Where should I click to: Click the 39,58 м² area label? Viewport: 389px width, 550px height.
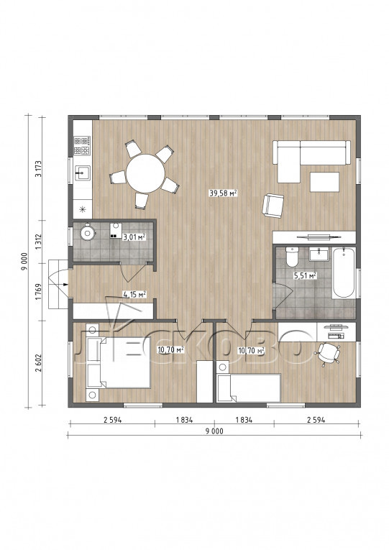coord(224,193)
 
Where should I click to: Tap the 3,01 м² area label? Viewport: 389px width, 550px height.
coord(134,237)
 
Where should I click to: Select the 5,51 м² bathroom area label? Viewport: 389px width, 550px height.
coord(305,275)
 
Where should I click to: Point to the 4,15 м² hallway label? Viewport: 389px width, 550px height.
coord(134,294)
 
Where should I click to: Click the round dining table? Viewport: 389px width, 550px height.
coord(145,173)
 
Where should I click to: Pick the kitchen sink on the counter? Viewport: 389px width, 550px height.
coord(83,173)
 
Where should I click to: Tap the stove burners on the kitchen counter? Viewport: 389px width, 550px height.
coord(82,145)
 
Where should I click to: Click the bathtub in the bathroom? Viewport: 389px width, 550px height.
coord(344,273)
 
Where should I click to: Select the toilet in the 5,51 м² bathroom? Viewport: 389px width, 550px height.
coord(292,257)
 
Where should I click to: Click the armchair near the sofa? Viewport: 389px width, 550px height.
coord(273,206)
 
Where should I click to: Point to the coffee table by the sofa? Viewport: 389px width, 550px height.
coord(325,182)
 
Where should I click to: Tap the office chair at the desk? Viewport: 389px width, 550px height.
coord(329,353)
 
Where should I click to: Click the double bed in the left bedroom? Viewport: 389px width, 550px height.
coord(118,362)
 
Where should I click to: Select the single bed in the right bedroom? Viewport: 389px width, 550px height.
coord(249,388)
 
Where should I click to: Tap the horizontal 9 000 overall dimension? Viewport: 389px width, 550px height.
coord(214,431)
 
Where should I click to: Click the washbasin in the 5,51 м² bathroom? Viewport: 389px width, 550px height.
coord(319,255)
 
